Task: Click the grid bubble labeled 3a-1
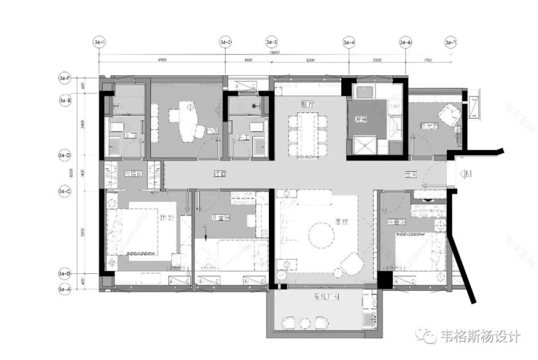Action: pos(99,42)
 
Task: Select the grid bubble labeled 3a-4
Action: pos(349,42)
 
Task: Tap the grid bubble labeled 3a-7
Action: pos(451,42)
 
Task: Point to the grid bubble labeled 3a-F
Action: pos(65,78)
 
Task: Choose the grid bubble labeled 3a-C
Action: pos(65,191)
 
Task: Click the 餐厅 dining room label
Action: pos(308,104)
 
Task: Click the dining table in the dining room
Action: pos(308,134)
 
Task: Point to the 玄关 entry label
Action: pos(410,174)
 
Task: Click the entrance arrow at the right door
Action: pos(466,175)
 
